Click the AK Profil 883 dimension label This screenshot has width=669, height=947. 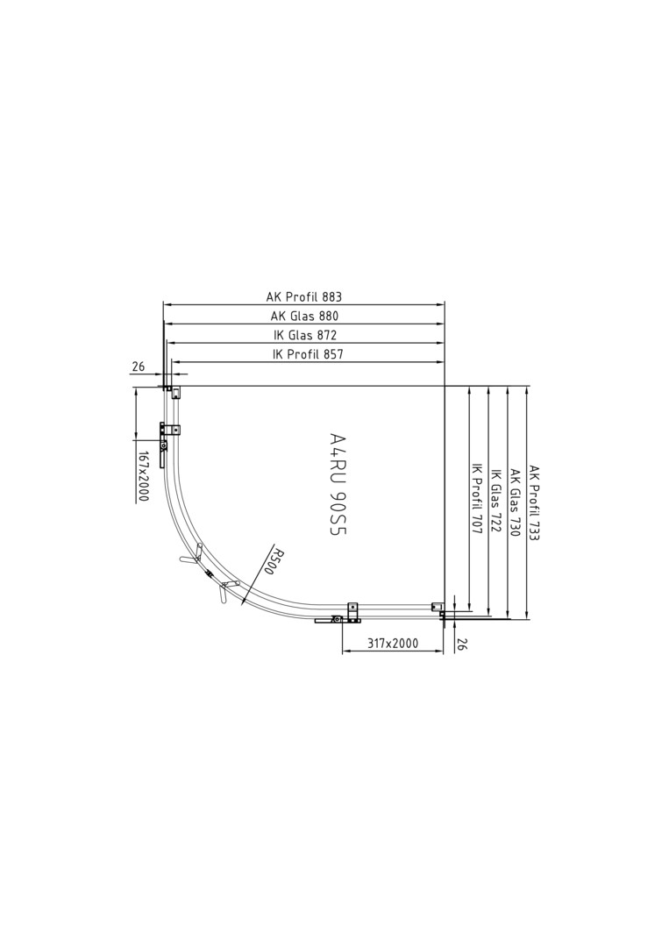tap(303, 296)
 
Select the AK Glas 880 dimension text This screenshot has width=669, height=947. tap(303, 316)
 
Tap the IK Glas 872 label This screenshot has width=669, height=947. tap(304, 335)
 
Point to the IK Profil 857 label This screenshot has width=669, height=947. tap(308, 354)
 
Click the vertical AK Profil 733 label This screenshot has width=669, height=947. tap(534, 502)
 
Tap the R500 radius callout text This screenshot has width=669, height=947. tap(277, 561)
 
